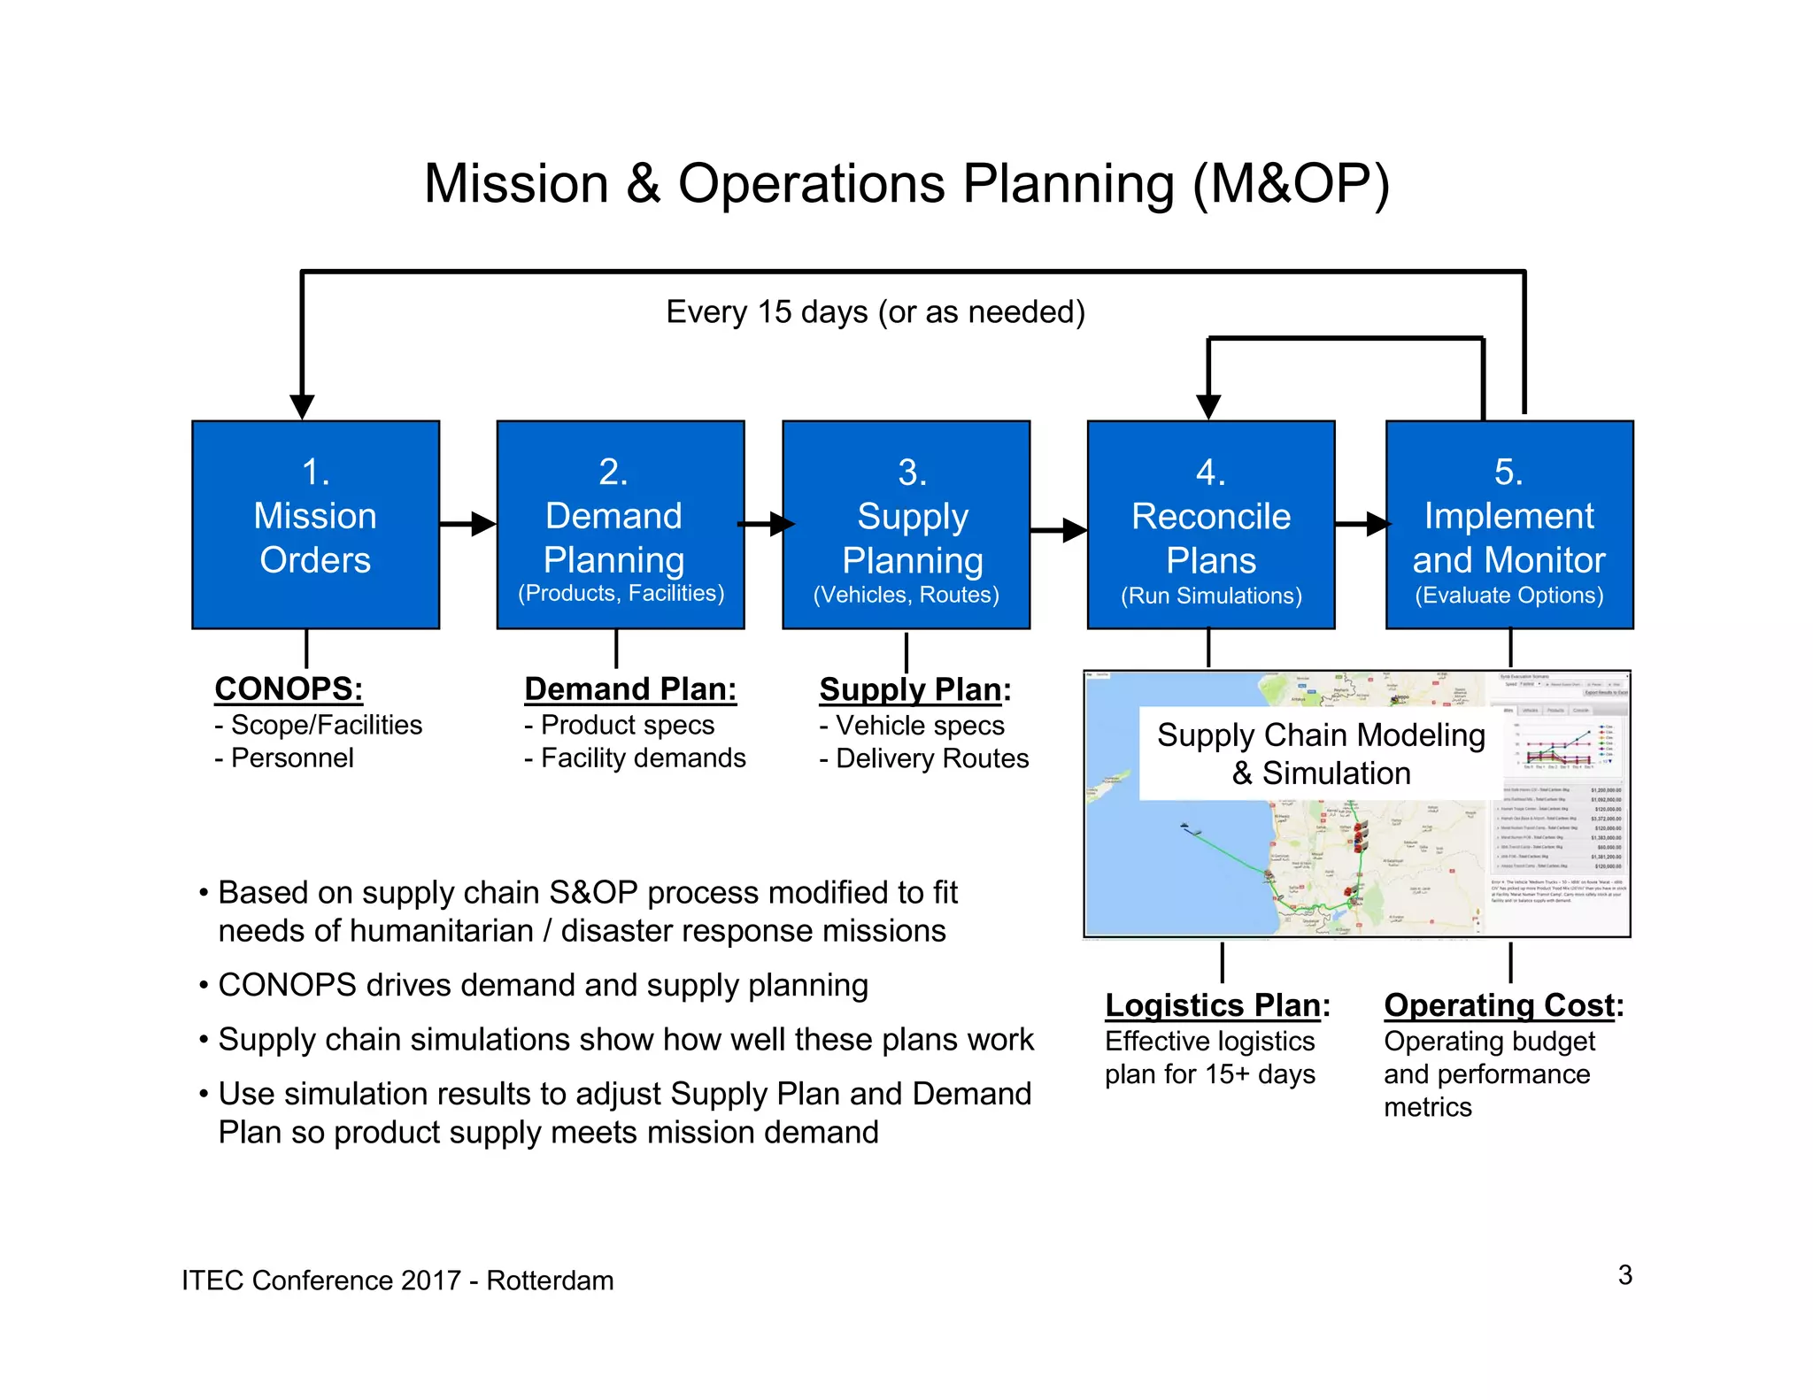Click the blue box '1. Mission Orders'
point(315,524)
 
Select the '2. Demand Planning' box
point(620,524)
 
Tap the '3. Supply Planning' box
point(906,524)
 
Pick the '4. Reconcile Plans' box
point(1210,524)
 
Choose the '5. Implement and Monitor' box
point(1508,524)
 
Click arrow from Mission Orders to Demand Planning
point(467,524)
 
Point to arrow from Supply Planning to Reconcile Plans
point(1059,530)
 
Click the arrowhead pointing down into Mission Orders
point(302,406)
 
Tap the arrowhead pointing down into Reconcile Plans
point(1208,406)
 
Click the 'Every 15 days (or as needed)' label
point(875,312)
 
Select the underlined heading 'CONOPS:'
point(289,688)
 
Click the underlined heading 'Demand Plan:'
point(629,688)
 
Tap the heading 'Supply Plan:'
point(914,689)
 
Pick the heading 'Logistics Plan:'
point(1217,1005)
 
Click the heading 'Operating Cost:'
point(1503,1005)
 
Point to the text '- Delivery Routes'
point(923,758)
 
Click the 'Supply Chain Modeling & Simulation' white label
point(1320,753)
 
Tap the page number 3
point(1624,1274)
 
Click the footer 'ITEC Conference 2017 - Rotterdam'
point(397,1281)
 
